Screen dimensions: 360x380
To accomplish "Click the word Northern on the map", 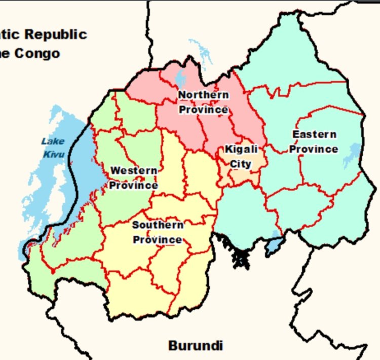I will [x=203, y=95].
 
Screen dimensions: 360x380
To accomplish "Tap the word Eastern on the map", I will [x=314, y=134].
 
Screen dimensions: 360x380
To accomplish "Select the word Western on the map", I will [x=134, y=170].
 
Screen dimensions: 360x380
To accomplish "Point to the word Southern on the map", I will [x=158, y=225].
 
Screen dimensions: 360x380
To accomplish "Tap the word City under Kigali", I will [x=241, y=164].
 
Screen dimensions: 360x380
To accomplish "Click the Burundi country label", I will [x=196, y=346].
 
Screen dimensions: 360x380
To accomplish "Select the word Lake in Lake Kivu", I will [x=53, y=141].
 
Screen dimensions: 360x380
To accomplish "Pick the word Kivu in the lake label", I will [x=54, y=154].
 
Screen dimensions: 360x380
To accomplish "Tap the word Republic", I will [x=56, y=34].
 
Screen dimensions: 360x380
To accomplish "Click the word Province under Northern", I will [x=203, y=110].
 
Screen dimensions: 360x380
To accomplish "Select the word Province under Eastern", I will [x=314, y=149].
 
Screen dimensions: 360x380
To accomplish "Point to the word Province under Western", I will [x=134, y=185].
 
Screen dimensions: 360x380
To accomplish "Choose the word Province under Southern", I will [x=158, y=239].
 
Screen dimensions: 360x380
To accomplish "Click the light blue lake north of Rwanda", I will [x=203, y=51].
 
